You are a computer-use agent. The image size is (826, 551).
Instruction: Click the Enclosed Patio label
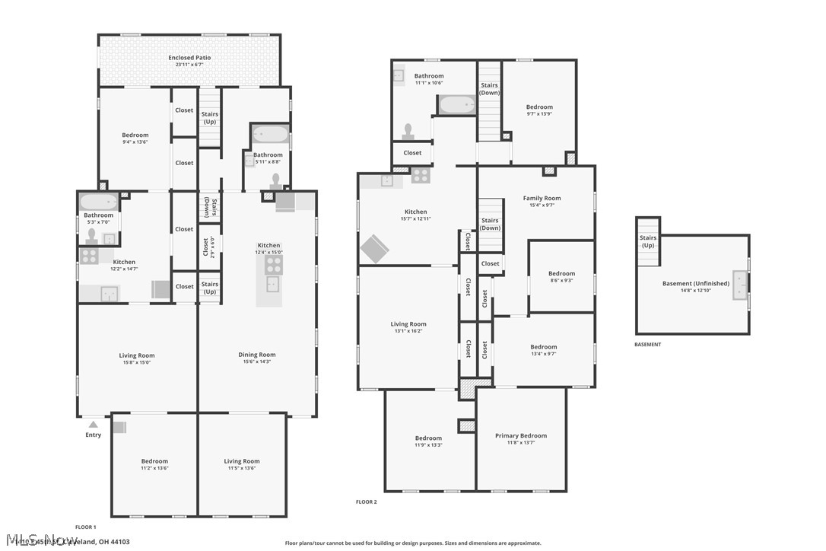(189, 58)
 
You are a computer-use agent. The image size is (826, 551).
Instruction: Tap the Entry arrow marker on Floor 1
(93, 425)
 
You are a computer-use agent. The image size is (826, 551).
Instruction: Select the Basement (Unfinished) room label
(695, 284)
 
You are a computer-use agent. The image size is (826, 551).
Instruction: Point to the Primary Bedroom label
(521, 436)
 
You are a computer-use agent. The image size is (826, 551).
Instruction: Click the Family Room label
(542, 198)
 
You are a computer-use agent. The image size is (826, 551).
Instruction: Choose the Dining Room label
(257, 355)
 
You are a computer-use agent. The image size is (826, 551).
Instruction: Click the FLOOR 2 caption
(366, 502)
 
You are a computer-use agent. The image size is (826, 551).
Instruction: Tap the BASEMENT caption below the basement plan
(647, 345)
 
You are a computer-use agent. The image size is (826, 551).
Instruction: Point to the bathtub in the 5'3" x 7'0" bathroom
(99, 202)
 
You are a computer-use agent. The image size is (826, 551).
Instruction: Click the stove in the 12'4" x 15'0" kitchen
(274, 265)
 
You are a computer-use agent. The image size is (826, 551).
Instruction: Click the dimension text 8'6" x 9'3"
(561, 280)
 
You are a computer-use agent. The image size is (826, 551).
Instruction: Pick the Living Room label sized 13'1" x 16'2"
(408, 324)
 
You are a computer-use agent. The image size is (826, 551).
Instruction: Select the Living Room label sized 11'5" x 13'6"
(242, 461)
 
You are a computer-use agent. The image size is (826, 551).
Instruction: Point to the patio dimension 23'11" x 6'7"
(189, 65)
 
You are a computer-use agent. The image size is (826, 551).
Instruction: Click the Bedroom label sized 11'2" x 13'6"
(154, 461)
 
